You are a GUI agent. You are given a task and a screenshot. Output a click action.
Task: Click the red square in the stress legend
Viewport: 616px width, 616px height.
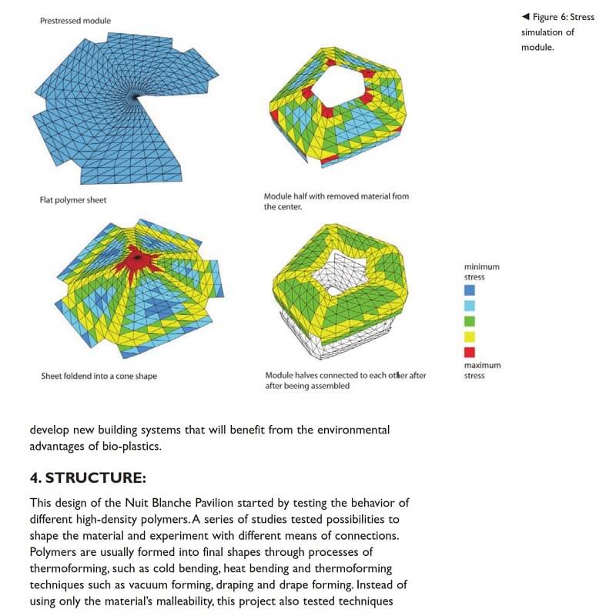[x=470, y=352]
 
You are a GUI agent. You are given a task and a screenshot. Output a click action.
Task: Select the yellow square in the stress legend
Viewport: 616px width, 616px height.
[x=470, y=336]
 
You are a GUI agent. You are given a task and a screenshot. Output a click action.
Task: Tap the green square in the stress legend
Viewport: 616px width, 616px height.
[x=470, y=321]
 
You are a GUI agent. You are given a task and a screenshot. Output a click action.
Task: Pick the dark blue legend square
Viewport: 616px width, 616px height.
[x=470, y=290]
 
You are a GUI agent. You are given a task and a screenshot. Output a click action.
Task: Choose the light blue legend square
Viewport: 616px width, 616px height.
[x=470, y=306]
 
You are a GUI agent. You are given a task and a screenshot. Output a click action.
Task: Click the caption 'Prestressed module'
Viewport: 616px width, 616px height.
[x=75, y=21]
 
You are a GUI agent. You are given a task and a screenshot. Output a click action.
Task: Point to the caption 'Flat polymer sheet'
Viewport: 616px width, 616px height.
[x=73, y=200]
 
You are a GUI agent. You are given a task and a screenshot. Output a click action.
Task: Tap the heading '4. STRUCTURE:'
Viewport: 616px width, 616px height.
[x=88, y=478]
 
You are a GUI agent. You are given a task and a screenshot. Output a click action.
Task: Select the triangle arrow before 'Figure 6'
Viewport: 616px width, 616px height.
[x=525, y=17]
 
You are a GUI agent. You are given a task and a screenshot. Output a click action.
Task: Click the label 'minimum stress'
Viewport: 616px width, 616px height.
[x=481, y=271]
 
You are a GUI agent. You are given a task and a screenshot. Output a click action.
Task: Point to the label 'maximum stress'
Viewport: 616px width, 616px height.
[x=482, y=370]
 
